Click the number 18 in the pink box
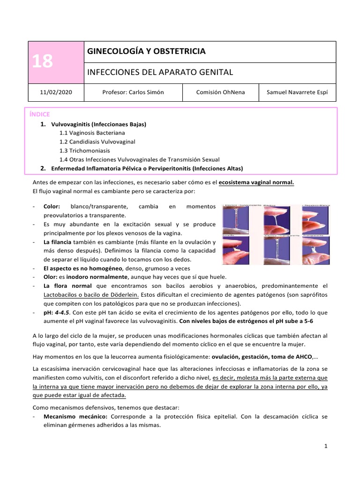(x=42, y=61)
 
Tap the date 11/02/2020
(x=56, y=92)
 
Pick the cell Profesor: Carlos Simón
(x=133, y=92)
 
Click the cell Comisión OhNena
(x=220, y=92)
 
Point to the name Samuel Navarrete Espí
(x=298, y=92)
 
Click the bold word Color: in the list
(x=52, y=206)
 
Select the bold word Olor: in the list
(x=52, y=277)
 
